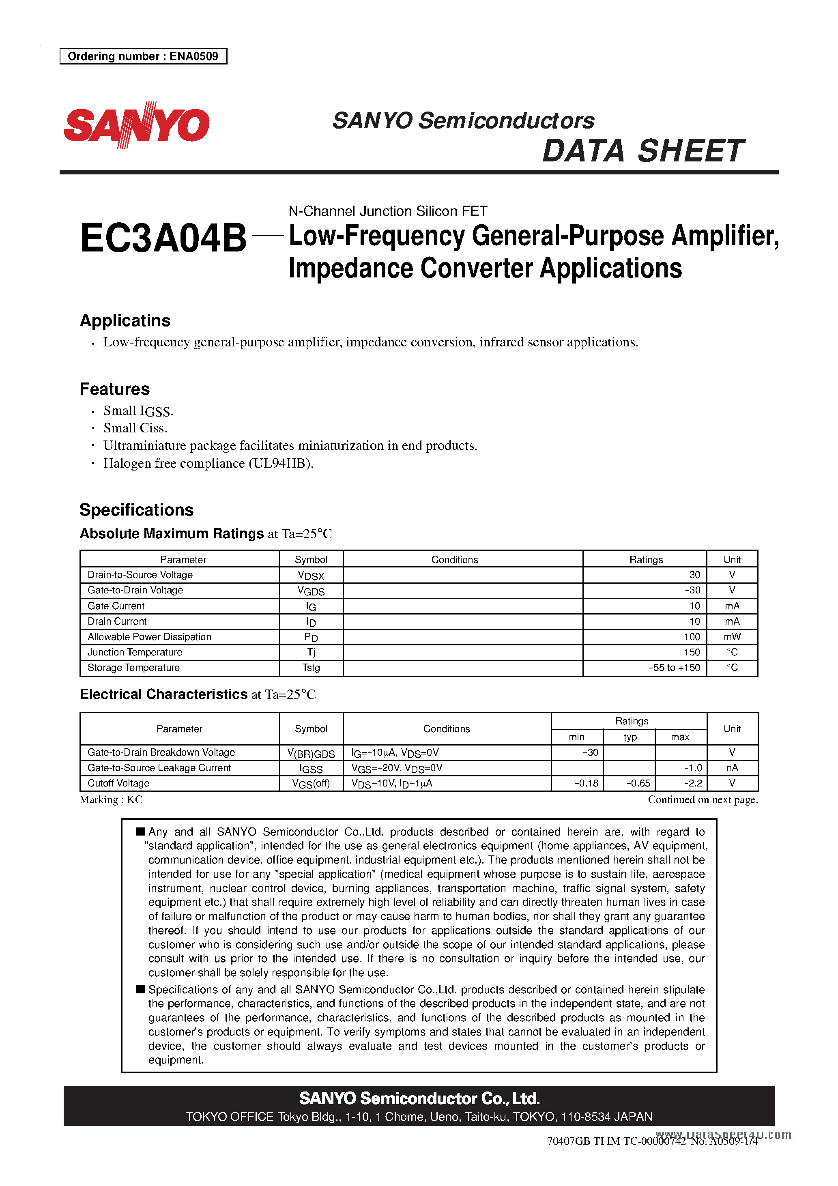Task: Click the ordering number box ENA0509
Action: [143, 56]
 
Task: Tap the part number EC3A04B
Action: [163, 238]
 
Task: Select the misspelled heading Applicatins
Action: [125, 320]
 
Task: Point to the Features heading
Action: [115, 389]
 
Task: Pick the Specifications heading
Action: [136, 510]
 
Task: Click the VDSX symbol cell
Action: [311, 576]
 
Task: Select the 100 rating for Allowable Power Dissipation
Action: [691, 637]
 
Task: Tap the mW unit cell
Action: [732, 637]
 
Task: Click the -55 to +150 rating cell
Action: [674, 668]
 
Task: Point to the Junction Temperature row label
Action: [135, 652]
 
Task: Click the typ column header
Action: [630, 737]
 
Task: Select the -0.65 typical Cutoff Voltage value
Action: [638, 784]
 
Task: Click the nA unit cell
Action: [732, 768]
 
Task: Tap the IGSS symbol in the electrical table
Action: [311, 769]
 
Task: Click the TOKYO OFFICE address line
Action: [419, 1117]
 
